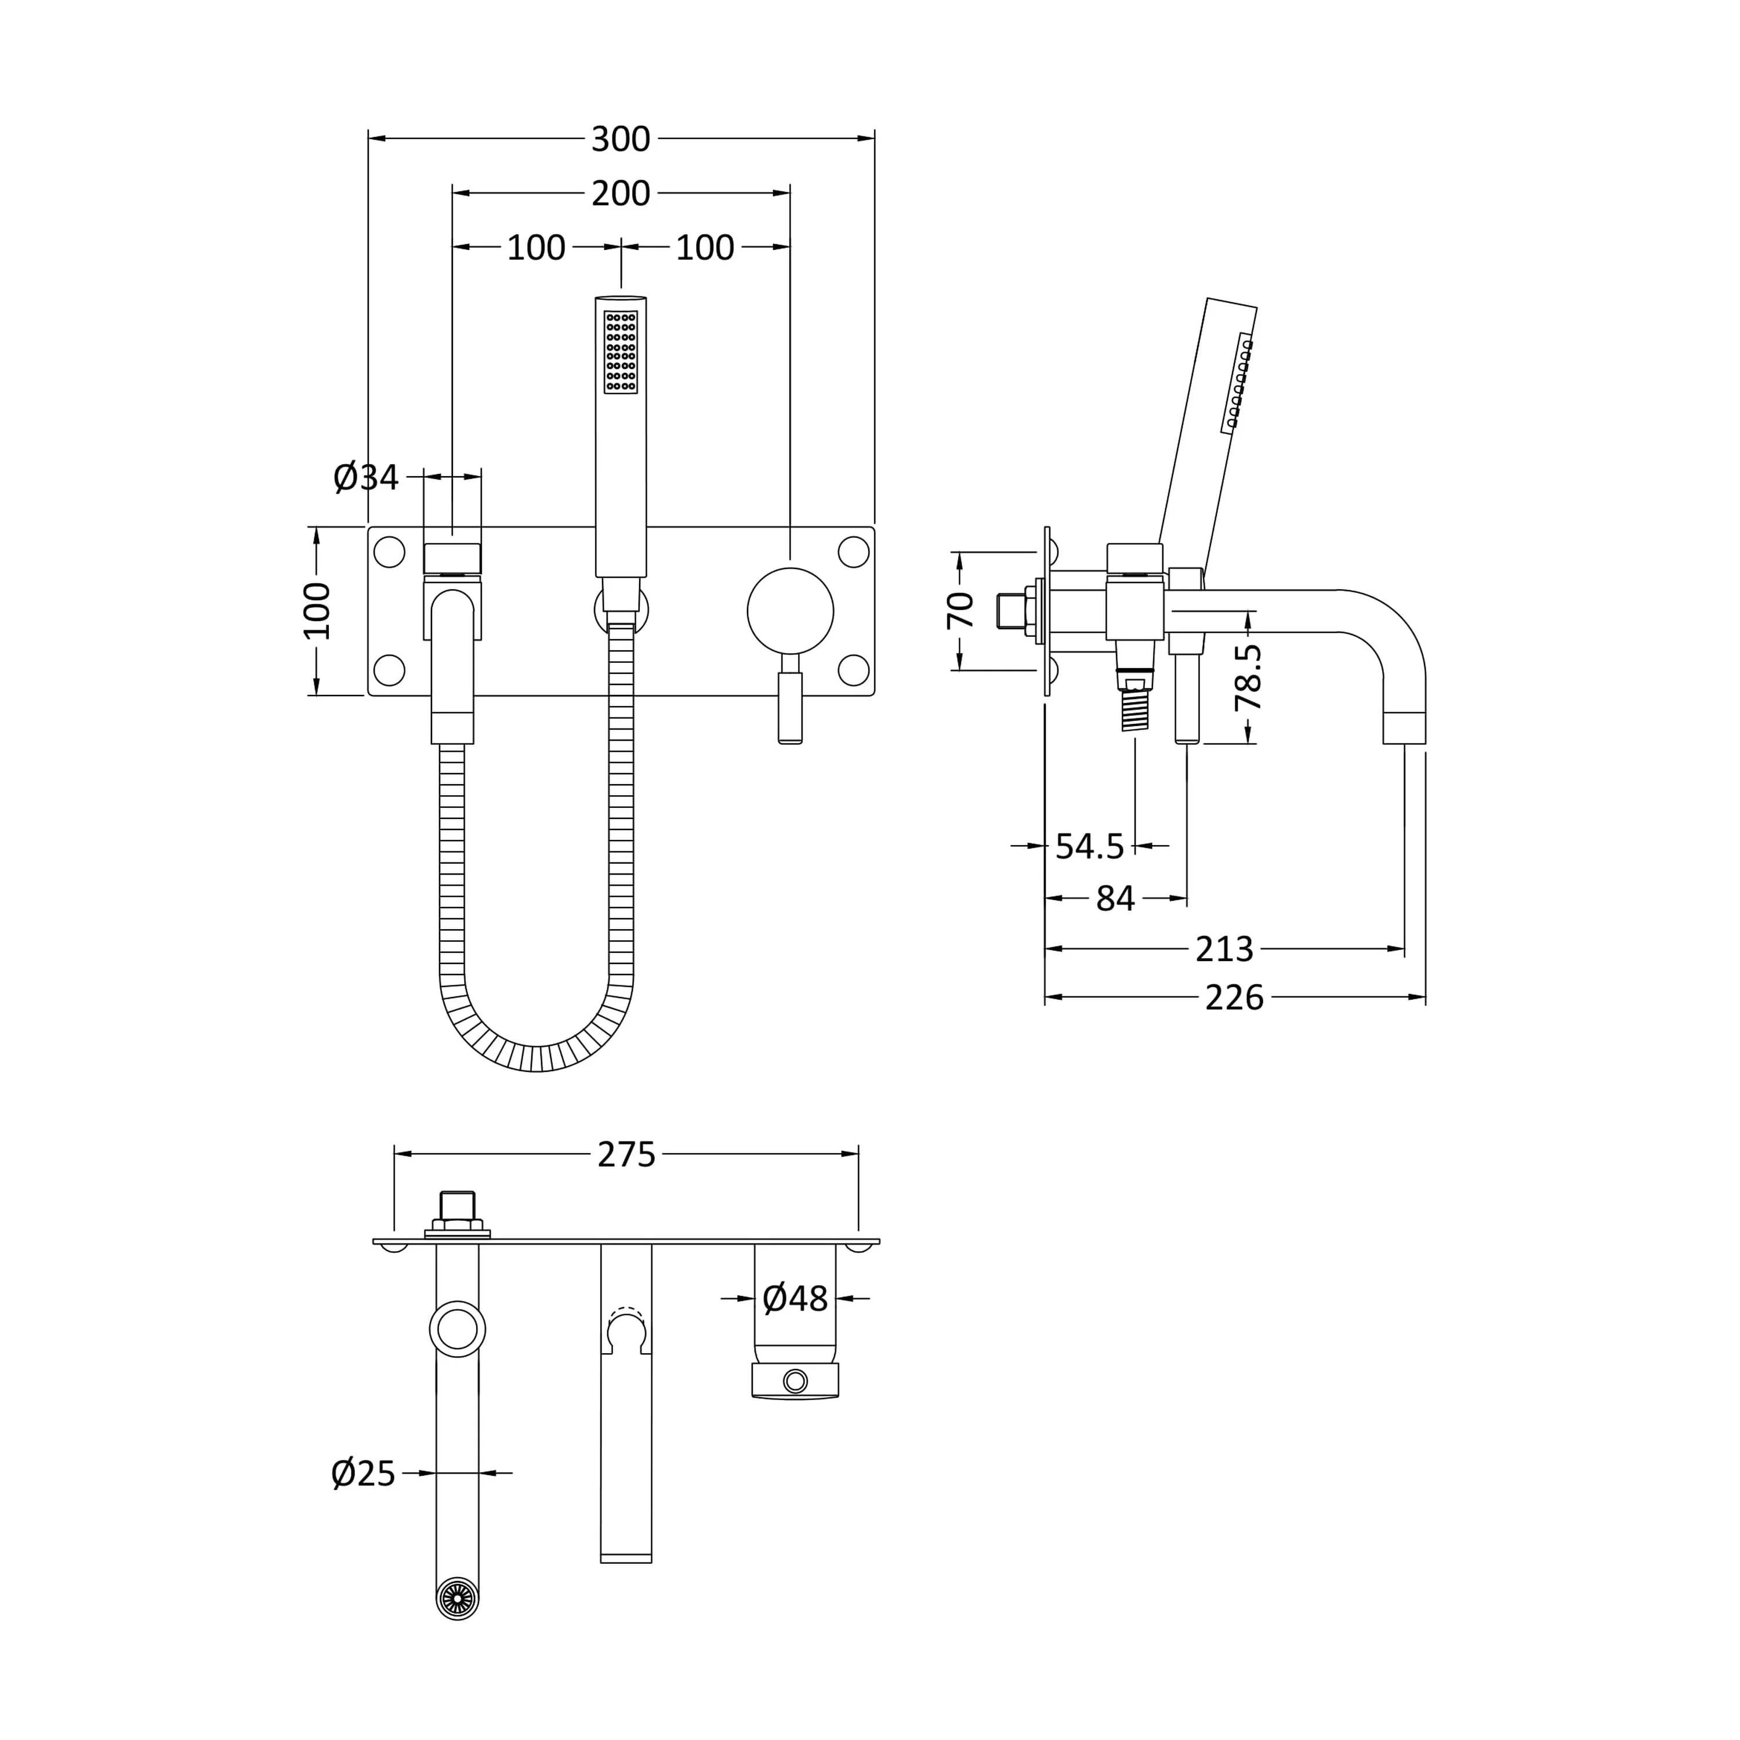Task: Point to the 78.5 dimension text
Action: click(1248, 678)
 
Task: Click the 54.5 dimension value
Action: click(1090, 847)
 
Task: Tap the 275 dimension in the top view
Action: click(627, 1155)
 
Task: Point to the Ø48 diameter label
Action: click(795, 1298)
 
